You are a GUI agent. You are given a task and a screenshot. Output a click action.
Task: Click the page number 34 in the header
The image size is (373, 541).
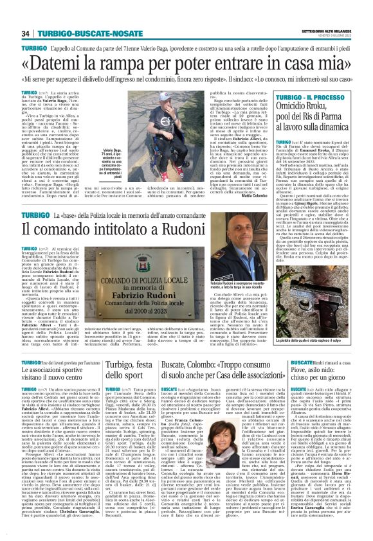tap(26, 33)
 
